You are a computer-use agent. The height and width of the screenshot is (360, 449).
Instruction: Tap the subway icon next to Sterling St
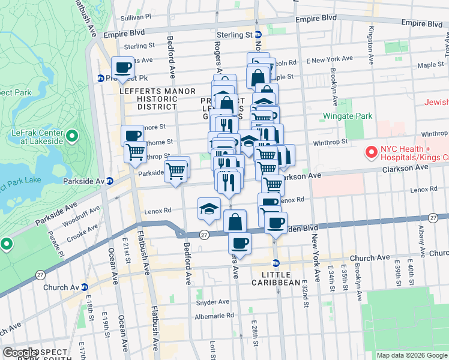[258, 35]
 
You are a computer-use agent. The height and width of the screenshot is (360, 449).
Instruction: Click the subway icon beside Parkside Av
[110, 181]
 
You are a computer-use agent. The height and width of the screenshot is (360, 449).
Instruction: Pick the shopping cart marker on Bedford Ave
[176, 170]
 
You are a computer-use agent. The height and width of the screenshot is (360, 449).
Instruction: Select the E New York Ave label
[330, 59]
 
